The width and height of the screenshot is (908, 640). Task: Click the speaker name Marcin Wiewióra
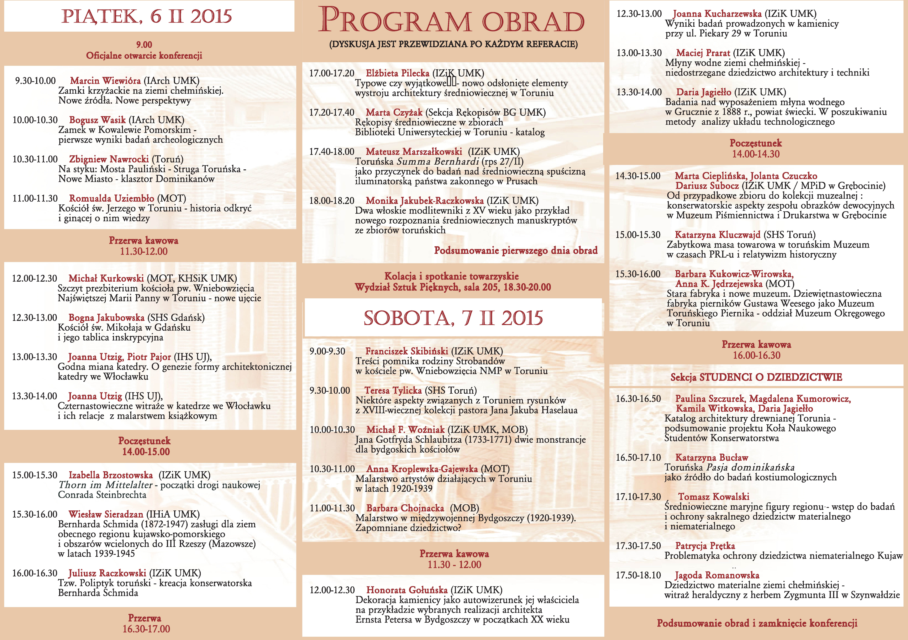[x=105, y=81]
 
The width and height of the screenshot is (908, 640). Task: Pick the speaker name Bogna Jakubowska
[x=106, y=317]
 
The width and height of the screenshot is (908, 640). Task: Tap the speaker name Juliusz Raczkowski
[x=107, y=573]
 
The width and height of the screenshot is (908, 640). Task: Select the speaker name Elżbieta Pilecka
[x=397, y=73]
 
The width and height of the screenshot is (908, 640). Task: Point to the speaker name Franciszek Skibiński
[x=407, y=351]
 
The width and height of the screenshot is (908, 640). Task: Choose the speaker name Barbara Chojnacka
[x=405, y=508]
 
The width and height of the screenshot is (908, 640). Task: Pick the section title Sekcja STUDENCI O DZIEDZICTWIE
[x=756, y=377]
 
